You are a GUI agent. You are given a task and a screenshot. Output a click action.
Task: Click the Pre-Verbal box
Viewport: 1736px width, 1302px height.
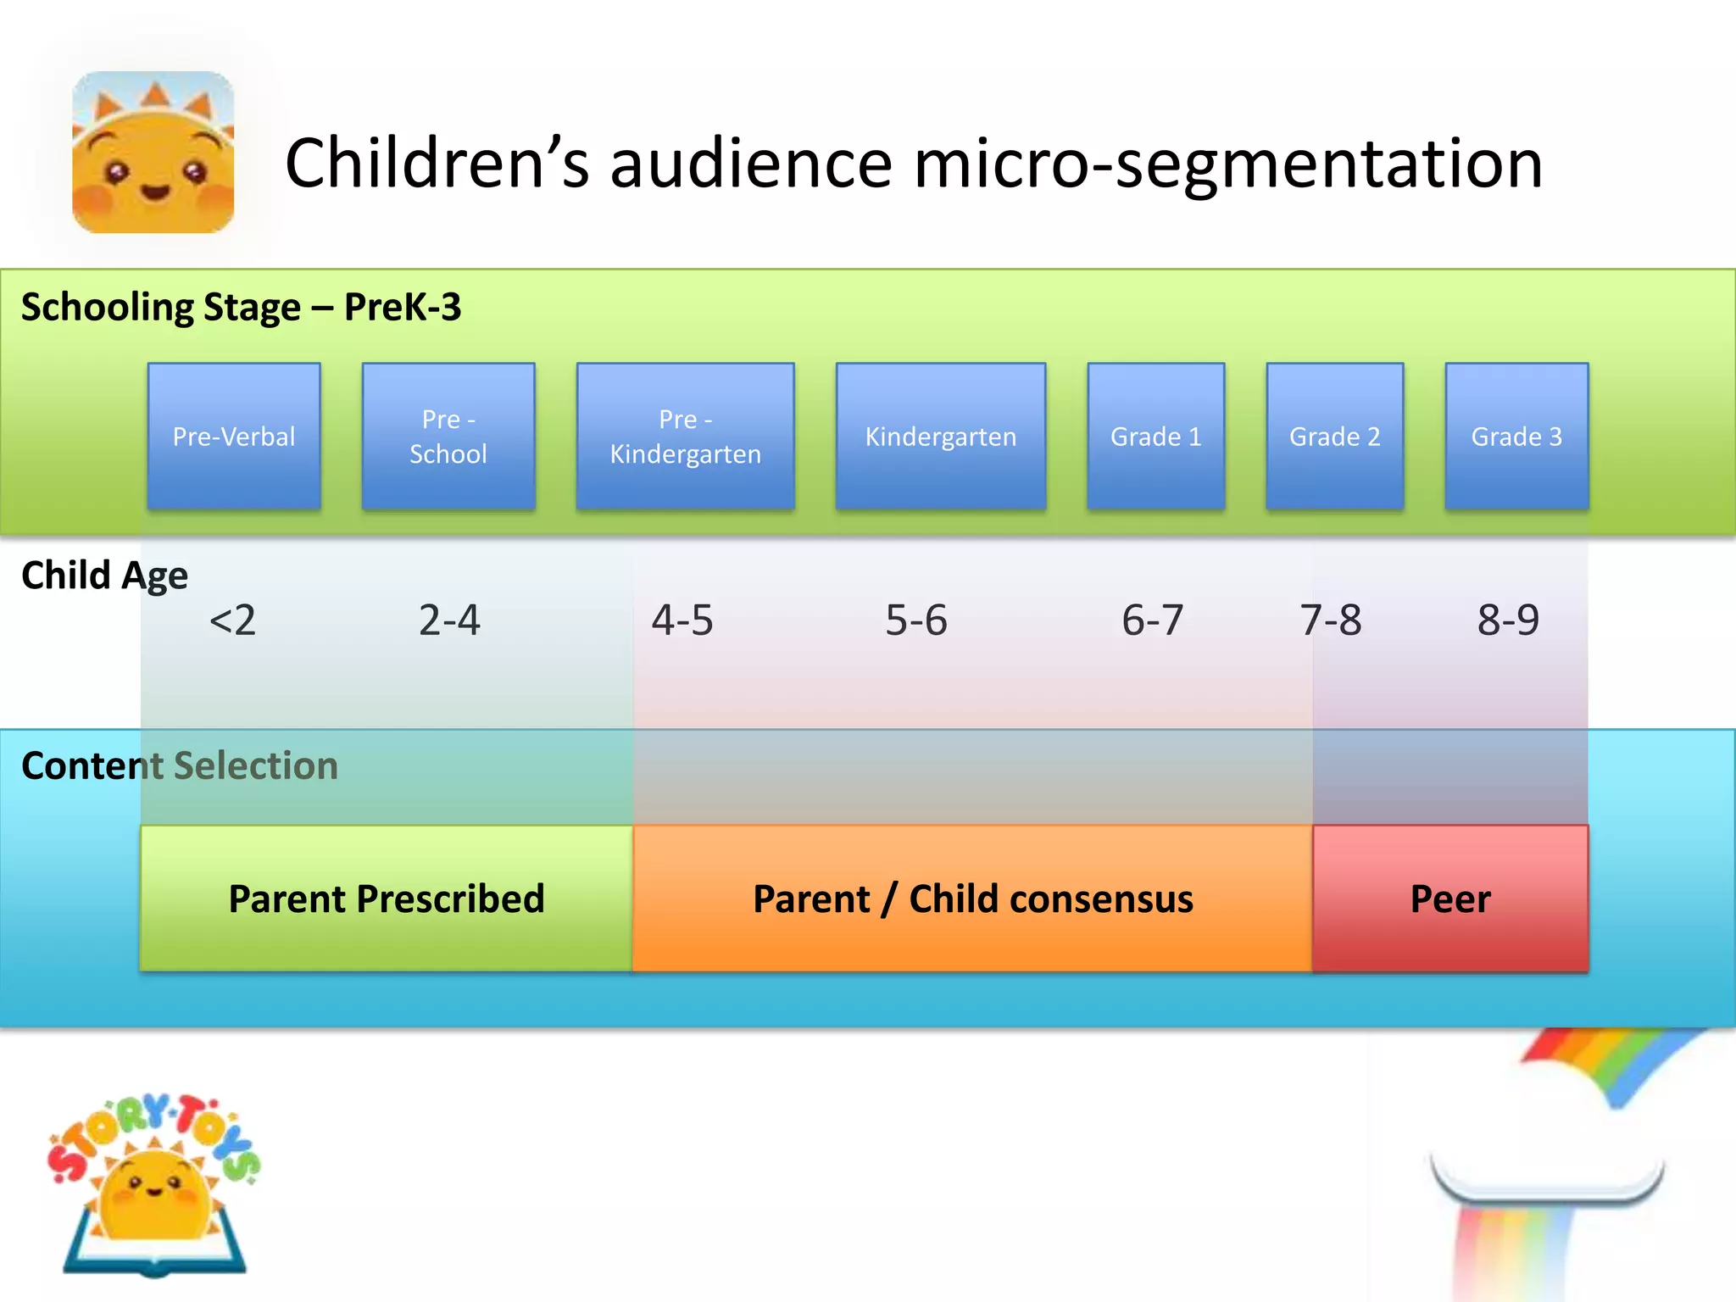pos(234,437)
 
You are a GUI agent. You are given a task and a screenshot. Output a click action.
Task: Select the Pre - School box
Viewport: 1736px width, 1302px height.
pos(448,437)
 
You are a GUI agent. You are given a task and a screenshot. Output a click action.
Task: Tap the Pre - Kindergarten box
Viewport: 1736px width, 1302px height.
pos(685,437)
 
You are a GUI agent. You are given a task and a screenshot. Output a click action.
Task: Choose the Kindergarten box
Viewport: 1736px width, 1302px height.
pos(940,437)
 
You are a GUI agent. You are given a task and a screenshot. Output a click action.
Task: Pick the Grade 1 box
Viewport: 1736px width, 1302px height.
pos(1155,437)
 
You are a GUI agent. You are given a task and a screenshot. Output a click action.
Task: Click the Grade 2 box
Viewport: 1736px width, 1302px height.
pos(1334,437)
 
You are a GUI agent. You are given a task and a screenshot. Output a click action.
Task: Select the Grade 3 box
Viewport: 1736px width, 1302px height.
pos(1516,437)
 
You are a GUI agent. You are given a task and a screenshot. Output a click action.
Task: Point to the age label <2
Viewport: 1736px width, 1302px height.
pos(232,620)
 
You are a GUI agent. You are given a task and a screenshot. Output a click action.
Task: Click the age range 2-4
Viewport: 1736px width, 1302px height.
pos(449,620)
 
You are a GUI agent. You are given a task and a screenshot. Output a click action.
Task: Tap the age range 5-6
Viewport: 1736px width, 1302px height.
pos(915,620)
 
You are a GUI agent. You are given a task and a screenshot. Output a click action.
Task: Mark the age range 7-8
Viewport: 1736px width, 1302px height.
pos(1330,620)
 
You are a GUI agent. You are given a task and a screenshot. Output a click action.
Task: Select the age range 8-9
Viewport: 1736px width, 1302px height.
pos(1508,620)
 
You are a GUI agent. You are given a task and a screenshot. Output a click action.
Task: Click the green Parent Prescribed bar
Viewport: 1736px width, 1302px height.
pos(387,899)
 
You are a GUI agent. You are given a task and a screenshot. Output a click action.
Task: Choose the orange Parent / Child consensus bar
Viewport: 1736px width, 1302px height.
pos(972,899)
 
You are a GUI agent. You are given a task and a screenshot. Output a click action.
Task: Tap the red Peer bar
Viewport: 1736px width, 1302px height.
pos(1450,899)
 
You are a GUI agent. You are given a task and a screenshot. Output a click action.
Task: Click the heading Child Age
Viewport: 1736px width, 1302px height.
pos(104,576)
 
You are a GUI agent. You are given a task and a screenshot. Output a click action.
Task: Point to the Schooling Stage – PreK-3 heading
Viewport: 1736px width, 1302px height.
pos(241,307)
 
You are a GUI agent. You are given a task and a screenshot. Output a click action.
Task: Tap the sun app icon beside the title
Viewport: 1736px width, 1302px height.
pos(153,153)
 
